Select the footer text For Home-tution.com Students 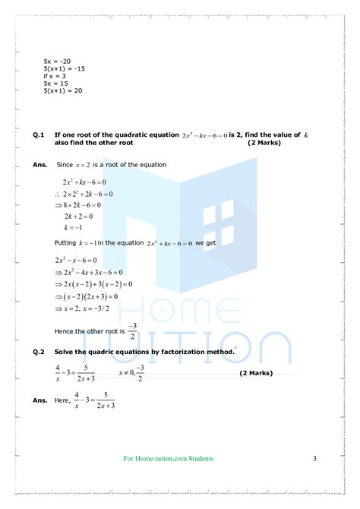(x=168, y=459)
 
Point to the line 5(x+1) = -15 (x=63, y=71)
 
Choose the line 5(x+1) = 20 (x=63, y=91)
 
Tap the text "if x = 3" (x=55, y=77)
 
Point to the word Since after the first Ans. (x=65, y=165)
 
